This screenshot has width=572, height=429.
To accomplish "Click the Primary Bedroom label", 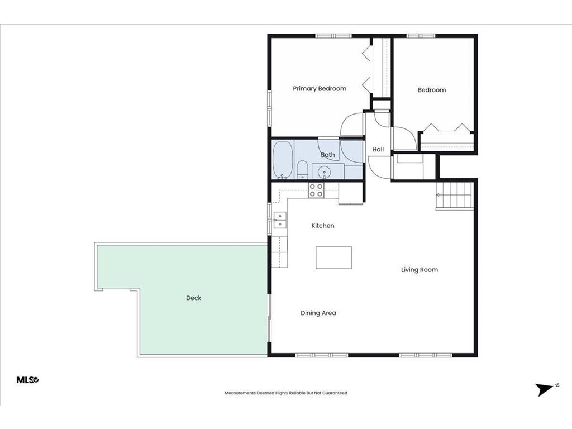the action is point(320,89).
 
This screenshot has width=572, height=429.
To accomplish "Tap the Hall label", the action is point(378,149).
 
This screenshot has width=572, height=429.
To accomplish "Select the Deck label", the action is point(194,298).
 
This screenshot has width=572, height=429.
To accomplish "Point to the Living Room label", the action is point(420,270).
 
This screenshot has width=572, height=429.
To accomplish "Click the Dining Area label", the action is point(318,313).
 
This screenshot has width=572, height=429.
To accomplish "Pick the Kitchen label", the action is point(323,226).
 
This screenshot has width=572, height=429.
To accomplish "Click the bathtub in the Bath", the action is point(283,160).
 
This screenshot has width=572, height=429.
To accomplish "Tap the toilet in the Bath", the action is point(302,170).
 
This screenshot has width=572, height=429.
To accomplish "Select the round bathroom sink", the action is point(324,171).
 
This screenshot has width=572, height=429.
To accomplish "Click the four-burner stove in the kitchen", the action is point(316,190).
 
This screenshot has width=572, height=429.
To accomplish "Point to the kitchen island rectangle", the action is point(334,258).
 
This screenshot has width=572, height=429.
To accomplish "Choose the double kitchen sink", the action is point(280,220).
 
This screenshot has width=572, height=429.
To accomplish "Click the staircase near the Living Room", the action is point(455,196).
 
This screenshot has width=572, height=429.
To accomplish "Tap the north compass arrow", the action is point(545,389).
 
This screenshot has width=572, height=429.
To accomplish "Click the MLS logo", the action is point(28,380).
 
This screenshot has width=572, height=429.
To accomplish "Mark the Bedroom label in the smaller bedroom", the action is point(432,90).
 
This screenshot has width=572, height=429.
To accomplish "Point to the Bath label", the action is point(327,155).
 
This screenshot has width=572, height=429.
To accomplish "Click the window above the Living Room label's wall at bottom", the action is point(426,355).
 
